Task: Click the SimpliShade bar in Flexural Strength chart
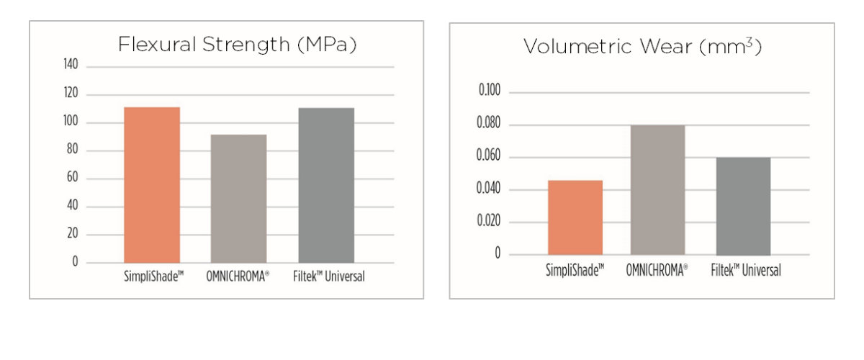(x=152, y=185)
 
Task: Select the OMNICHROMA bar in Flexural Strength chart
(x=238, y=199)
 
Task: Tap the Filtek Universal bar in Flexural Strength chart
(x=325, y=185)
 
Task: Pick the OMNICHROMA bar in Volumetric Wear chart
(x=657, y=190)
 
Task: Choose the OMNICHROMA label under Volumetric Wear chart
(x=657, y=271)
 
